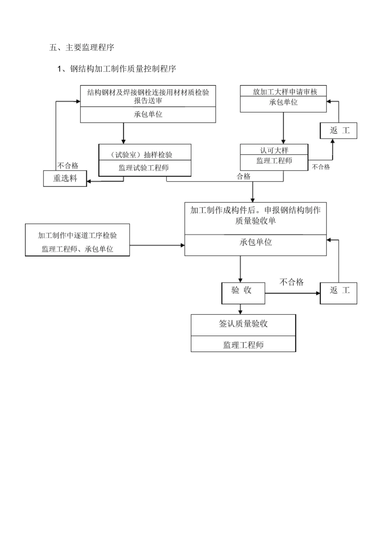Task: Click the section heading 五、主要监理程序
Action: click(82, 48)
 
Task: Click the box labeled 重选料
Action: click(65, 178)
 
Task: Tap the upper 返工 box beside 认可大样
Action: click(338, 130)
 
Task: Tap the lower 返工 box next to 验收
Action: click(338, 290)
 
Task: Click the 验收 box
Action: click(243, 290)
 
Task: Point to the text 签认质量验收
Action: click(243, 324)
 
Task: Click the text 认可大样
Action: click(274, 150)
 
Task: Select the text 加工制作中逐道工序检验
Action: click(77, 235)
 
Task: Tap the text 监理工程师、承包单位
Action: click(77, 249)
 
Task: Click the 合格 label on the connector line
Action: click(244, 176)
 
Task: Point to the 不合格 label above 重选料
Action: click(67, 165)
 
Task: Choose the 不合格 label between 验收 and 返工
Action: click(291, 282)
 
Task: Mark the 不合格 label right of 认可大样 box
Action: click(321, 167)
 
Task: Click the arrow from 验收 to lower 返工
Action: click(292, 293)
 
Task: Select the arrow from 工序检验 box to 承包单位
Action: click(157, 245)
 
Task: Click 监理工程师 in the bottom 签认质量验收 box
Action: click(243, 345)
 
